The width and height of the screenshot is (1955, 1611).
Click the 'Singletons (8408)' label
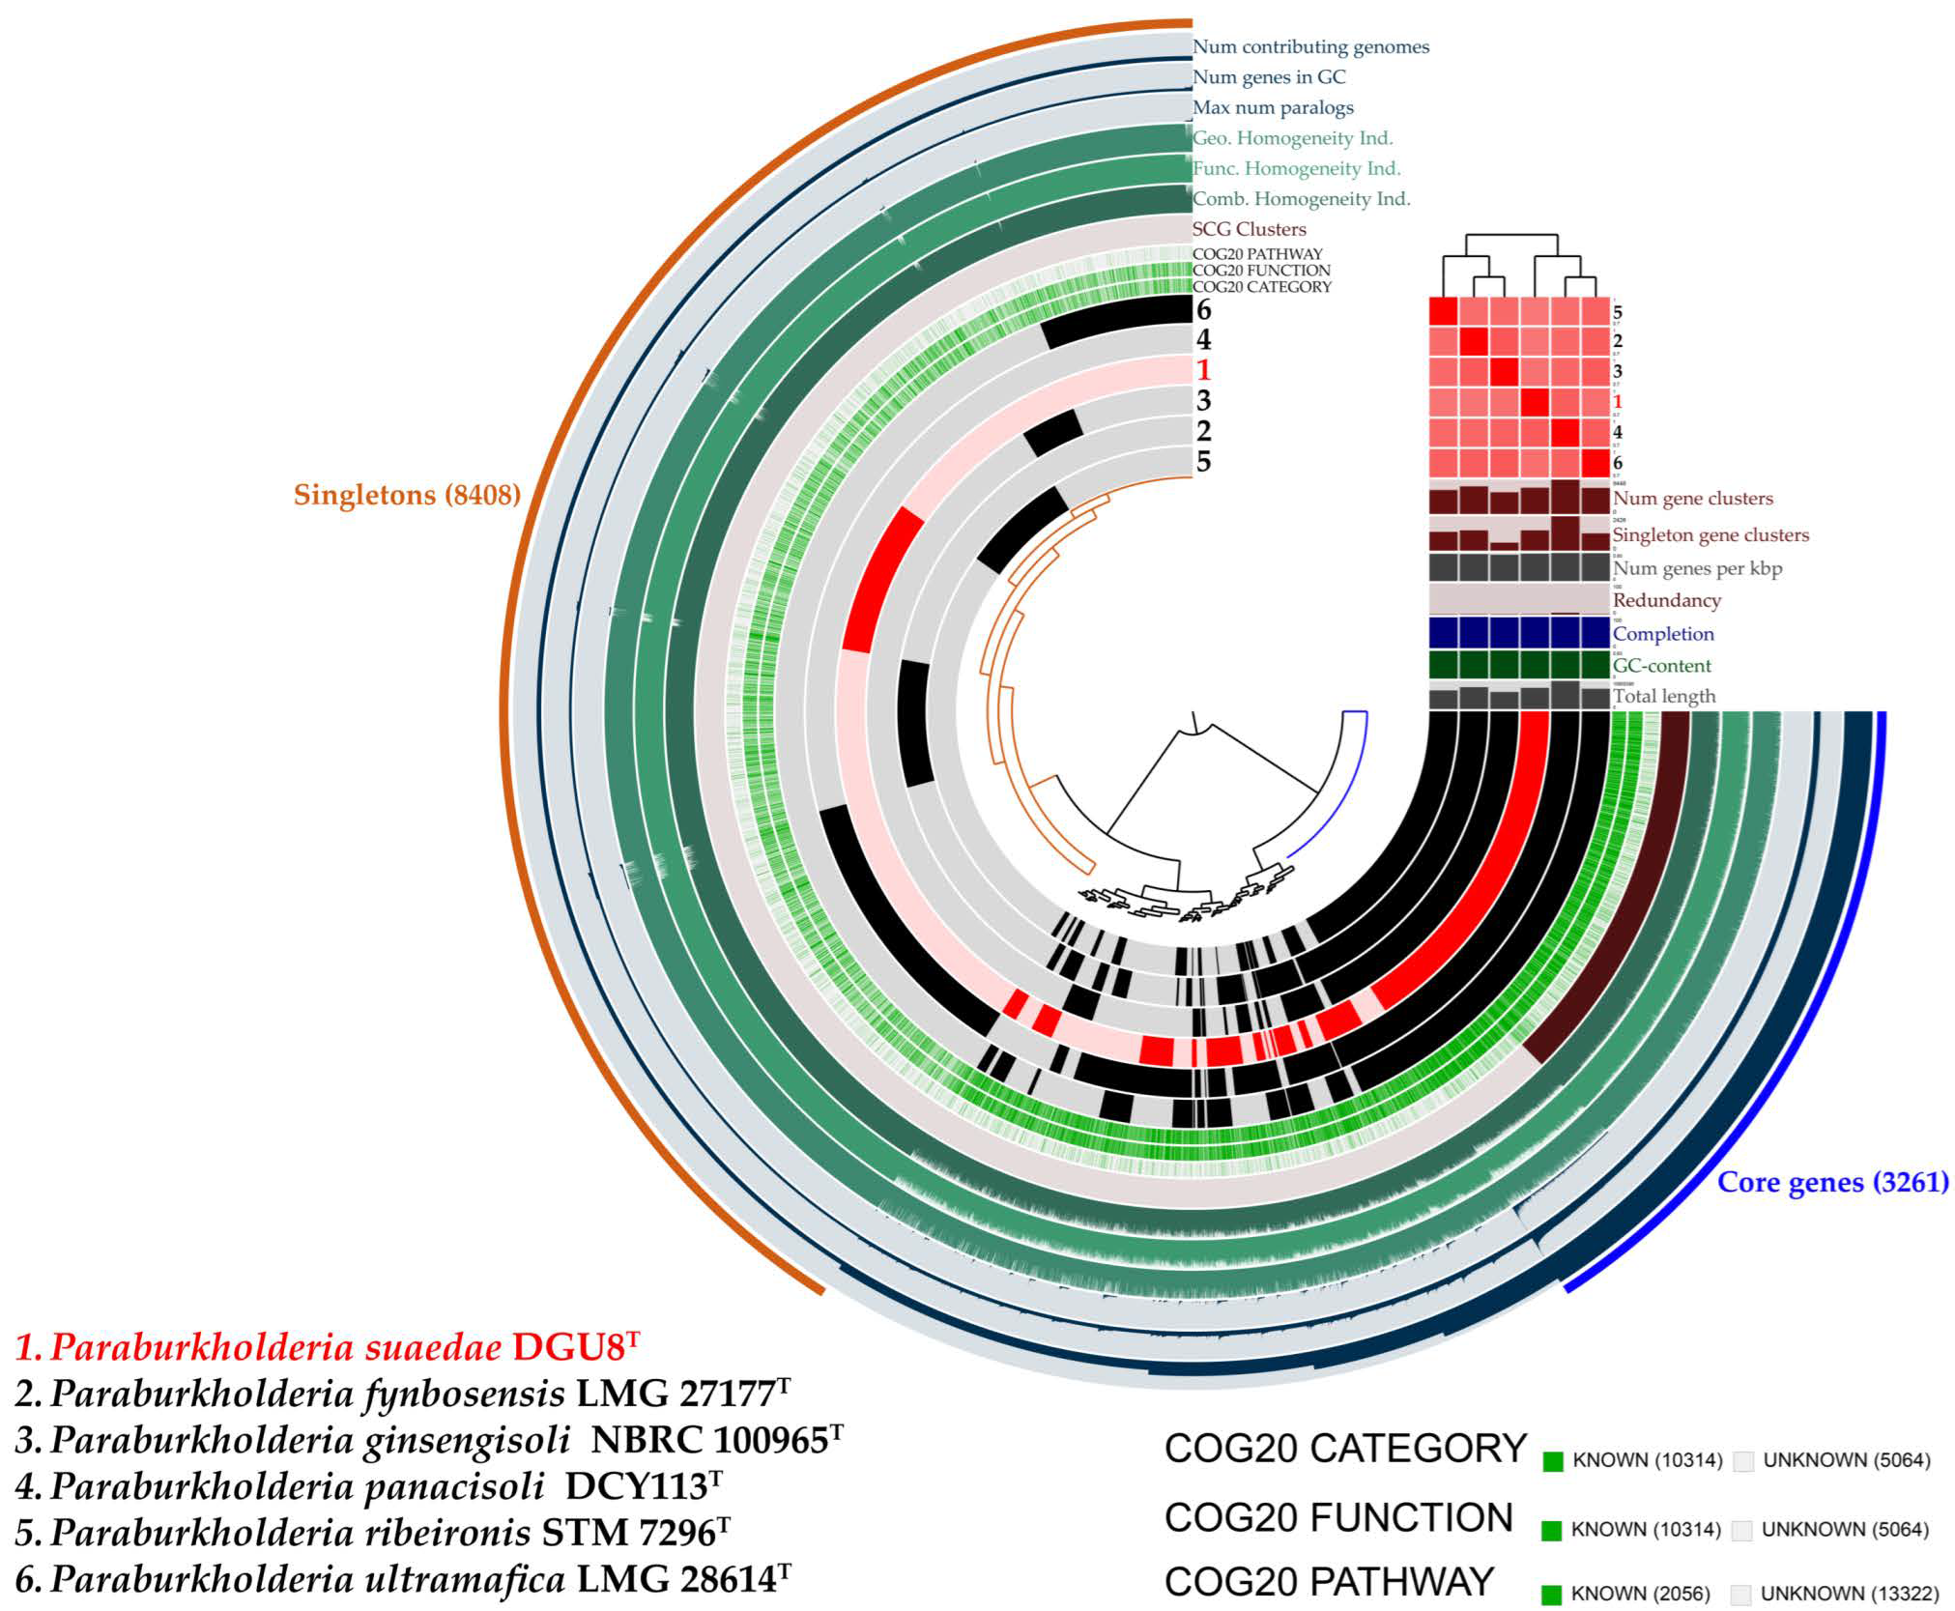pyautogui.click(x=407, y=495)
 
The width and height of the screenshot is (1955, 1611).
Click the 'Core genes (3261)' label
pyautogui.click(x=1832, y=1182)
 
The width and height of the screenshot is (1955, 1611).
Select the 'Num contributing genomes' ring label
pyautogui.click(x=1310, y=46)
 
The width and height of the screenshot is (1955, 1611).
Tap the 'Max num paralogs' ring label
pyautogui.click(x=1273, y=107)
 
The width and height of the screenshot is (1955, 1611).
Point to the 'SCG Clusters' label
pyautogui.click(x=1249, y=229)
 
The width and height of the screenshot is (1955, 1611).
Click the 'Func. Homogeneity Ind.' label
pyautogui.click(x=1296, y=168)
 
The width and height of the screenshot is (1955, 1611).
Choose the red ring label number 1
pyautogui.click(x=1203, y=370)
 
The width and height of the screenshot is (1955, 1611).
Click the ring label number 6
pyautogui.click(x=1203, y=310)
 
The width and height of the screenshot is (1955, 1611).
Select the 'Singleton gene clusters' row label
pyautogui.click(x=1711, y=534)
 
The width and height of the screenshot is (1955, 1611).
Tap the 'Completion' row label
pyautogui.click(x=1663, y=634)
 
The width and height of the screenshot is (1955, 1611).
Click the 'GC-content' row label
pyautogui.click(x=1661, y=665)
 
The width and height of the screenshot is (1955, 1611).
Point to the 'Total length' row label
pyautogui.click(x=1664, y=696)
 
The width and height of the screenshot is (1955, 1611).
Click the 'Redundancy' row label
pyautogui.click(x=1666, y=600)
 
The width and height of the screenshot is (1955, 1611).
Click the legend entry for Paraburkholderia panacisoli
pyautogui.click(x=368, y=1486)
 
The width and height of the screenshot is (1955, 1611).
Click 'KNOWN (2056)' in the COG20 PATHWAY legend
pyautogui.click(x=1640, y=1593)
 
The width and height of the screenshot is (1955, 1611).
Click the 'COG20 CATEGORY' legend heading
pyautogui.click(x=1344, y=1449)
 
